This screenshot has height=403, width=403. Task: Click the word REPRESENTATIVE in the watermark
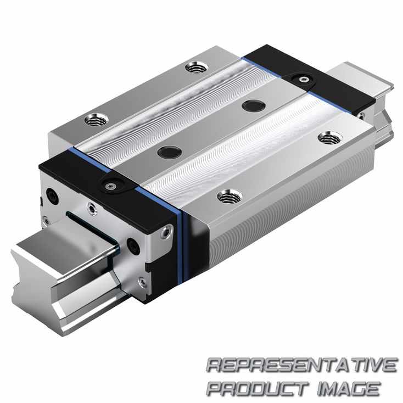click(301, 365)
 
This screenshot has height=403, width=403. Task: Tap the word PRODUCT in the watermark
click(258, 389)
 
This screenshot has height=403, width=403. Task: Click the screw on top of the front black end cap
click(110, 186)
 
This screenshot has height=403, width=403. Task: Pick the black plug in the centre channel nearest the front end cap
click(170, 152)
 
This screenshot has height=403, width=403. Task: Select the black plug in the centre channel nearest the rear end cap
click(254, 105)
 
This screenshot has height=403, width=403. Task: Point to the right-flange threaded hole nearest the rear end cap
click(330, 138)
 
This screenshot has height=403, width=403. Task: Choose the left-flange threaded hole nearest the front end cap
click(97, 119)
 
